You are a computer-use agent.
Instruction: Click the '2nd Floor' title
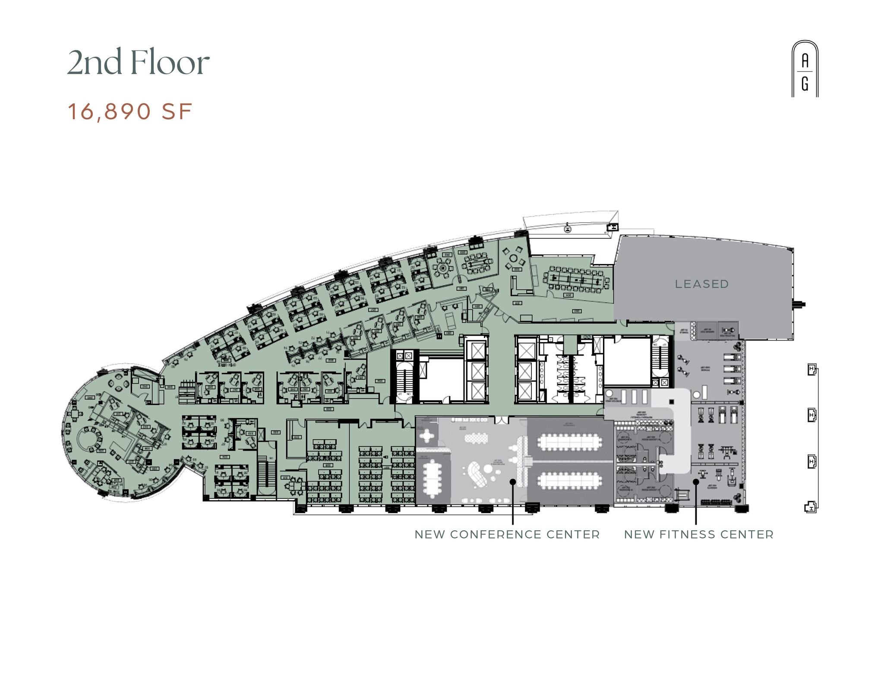tap(138, 63)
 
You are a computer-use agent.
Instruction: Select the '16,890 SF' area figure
tap(130, 112)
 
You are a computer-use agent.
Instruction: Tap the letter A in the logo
tap(805, 61)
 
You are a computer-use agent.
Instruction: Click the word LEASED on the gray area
tap(702, 284)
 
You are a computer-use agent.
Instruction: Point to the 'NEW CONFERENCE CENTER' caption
tap(507, 535)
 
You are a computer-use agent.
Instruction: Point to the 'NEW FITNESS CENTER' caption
tap(699, 535)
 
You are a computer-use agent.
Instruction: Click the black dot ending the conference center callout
tap(513, 482)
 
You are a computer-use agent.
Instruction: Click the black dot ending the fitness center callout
tap(696, 482)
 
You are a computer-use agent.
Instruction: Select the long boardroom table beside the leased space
tap(576, 280)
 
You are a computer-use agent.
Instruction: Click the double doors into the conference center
tap(502, 420)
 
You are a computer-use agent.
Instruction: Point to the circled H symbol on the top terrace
tap(568, 229)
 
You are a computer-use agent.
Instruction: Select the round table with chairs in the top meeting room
tap(442, 268)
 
